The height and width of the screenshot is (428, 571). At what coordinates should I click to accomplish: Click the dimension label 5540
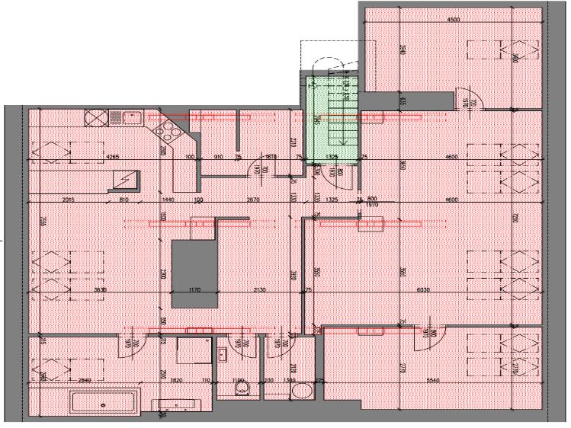[435, 379]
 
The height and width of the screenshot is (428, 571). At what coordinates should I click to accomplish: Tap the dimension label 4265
[113, 157]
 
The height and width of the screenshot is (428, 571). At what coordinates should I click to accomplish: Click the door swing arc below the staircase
[334, 173]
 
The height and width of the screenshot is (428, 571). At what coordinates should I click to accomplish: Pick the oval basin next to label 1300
[303, 392]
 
